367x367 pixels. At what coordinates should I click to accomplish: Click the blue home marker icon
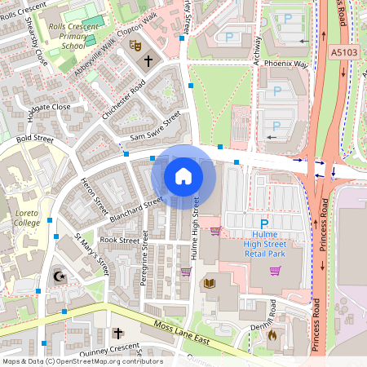click(x=183, y=176)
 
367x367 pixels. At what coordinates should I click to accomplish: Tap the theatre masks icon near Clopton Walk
click(x=135, y=46)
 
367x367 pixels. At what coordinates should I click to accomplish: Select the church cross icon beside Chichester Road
click(x=148, y=60)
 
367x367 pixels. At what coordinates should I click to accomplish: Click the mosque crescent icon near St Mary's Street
click(x=58, y=277)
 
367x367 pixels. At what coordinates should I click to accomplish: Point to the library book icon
click(x=209, y=283)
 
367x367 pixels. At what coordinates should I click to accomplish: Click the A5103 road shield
click(x=346, y=51)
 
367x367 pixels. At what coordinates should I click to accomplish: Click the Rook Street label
click(x=119, y=241)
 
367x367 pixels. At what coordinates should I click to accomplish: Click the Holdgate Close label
click(x=50, y=107)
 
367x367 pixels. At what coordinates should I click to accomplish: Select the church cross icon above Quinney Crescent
click(x=117, y=334)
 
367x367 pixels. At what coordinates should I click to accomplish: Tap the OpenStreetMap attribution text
click(x=82, y=361)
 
